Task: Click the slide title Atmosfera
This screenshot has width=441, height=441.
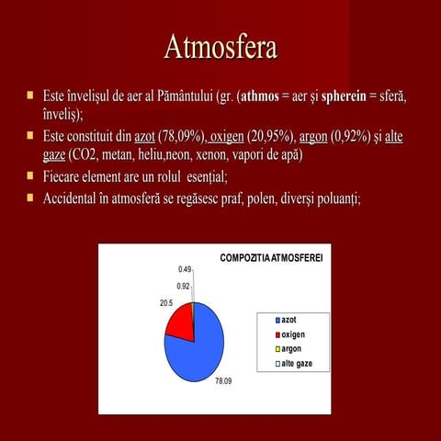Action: (x=220, y=46)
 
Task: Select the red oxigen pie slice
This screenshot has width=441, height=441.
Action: (x=180, y=321)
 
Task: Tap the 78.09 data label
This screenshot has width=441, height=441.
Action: (x=223, y=379)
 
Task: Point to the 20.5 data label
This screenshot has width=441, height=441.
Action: (x=166, y=302)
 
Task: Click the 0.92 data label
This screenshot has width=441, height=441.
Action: (x=184, y=286)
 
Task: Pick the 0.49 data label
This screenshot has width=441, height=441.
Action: (x=185, y=269)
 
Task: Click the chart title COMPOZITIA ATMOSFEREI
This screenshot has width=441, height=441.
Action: (x=271, y=254)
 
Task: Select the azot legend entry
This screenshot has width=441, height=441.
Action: (x=288, y=318)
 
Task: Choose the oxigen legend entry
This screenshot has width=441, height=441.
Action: (x=292, y=334)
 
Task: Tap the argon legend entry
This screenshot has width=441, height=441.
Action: (x=290, y=349)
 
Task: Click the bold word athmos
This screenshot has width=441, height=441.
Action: (x=259, y=96)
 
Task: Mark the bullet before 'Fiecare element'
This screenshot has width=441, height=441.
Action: (x=30, y=175)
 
